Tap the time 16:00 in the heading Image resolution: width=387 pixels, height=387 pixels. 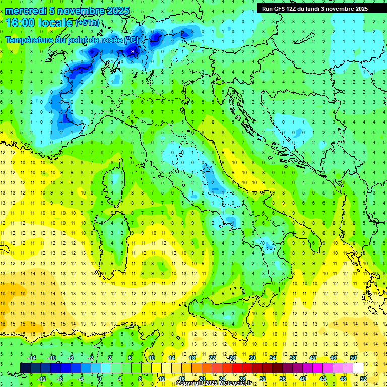(22, 23)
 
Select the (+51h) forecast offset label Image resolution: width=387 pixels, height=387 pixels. (87, 23)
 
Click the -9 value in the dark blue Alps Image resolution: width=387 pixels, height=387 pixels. (132, 51)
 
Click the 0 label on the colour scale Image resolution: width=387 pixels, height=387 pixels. (100, 378)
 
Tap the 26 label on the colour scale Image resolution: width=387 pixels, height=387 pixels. (232, 358)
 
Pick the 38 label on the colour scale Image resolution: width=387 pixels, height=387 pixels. (292, 358)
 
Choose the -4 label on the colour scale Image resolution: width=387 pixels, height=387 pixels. (81, 378)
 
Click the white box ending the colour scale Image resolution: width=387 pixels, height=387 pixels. (358, 368)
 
